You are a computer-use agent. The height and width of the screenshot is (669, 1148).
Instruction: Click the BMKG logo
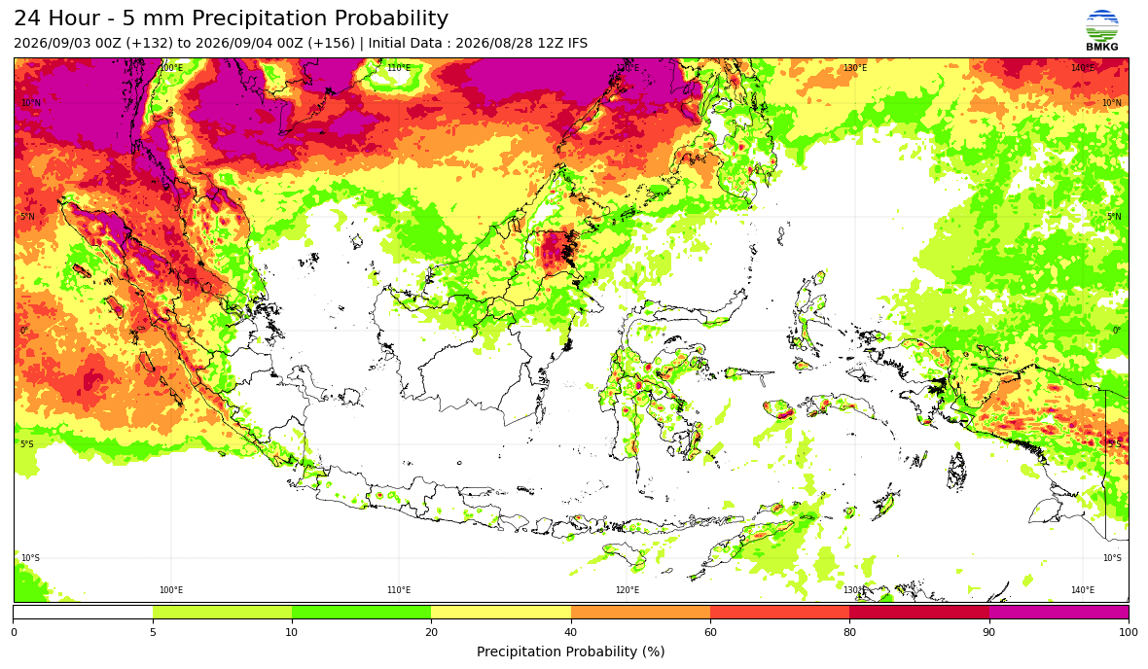coord(1102,31)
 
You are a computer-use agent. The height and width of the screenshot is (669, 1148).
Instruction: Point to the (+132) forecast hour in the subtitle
coord(150,43)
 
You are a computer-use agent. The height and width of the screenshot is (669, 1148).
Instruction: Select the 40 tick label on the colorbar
coord(570,632)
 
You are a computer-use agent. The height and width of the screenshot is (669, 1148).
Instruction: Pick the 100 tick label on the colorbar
coord(1129,632)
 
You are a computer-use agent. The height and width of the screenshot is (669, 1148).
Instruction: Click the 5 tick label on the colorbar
coord(153,632)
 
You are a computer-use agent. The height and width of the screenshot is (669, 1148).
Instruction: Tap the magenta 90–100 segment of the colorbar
coord(1058,613)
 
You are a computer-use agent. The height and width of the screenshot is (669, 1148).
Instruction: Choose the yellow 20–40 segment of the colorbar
coord(501,613)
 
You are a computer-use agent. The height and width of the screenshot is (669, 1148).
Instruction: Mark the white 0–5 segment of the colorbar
coord(83,613)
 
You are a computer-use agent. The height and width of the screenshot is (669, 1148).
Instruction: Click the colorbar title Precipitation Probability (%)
coord(570,651)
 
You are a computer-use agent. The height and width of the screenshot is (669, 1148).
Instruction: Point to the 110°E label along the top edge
coord(399,68)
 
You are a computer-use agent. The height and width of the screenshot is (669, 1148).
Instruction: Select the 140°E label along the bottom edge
coord(1083,590)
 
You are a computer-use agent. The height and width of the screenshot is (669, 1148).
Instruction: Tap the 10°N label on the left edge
coord(31,103)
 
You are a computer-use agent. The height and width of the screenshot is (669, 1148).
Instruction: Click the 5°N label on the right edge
coord(1114,217)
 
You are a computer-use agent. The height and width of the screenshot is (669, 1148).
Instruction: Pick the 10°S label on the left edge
coord(31,558)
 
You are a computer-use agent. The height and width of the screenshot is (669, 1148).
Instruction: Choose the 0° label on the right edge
coord(1117,331)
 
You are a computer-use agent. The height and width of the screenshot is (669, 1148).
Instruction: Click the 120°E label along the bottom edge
coord(627,590)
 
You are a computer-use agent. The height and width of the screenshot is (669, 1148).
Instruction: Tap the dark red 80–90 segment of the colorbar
coord(918,613)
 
